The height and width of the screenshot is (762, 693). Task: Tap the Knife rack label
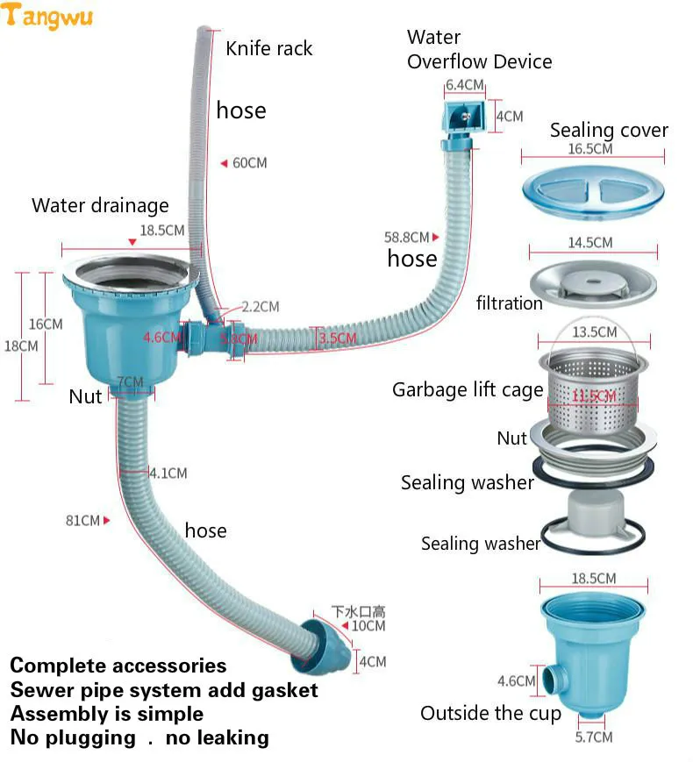click(269, 48)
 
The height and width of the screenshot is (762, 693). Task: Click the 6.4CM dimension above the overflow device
click(464, 85)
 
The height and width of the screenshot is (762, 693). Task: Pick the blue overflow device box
click(461, 118)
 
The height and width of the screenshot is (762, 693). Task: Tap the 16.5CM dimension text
click(589, 149)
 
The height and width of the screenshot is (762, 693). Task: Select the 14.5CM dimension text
click(589, 242)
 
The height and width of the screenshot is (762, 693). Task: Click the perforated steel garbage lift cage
click(593, 386)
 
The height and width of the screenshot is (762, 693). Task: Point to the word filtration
click(509, 303)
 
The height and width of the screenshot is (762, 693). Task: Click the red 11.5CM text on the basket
click(593, 396)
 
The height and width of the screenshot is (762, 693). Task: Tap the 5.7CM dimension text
click(594, 737)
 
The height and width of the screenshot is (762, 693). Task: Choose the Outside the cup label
click(490, 713)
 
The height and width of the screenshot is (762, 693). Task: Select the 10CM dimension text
click(368, 626)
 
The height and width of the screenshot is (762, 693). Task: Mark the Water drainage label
click(100, 205)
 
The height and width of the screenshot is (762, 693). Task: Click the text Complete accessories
click(118, 666)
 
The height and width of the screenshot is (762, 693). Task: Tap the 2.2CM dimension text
click(261, 307)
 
